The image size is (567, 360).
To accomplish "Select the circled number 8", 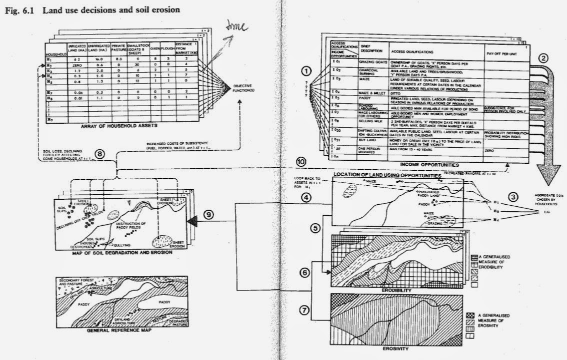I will coord(100,154).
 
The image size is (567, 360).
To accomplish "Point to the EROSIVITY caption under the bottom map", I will coord(401,349).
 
